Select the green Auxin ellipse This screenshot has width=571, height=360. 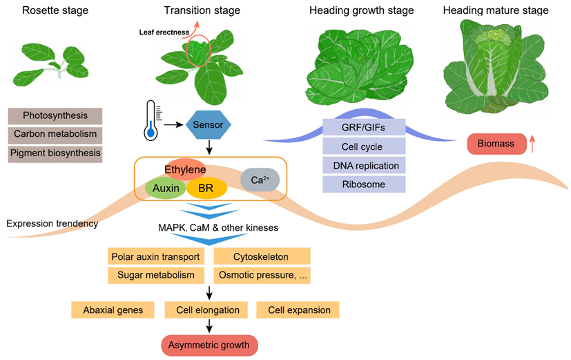tap(166, 188)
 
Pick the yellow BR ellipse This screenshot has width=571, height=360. tap(205, 188)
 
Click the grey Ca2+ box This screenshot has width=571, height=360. tap(260, 180)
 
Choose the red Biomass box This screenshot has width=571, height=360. tap(494, 144)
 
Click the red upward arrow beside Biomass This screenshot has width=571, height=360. tap(532, 144)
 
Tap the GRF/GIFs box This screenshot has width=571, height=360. tap(363, 128)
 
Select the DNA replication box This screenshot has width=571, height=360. tap(363, 166)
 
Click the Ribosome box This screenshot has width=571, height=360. tap(363, 184)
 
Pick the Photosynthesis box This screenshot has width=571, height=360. tap(55, 115)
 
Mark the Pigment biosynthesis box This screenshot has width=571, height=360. tap(55, 153)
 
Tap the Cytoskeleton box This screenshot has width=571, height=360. tap(262, 257)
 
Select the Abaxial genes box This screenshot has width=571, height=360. tap(113, 310)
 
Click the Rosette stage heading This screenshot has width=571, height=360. tap(51, 10)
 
